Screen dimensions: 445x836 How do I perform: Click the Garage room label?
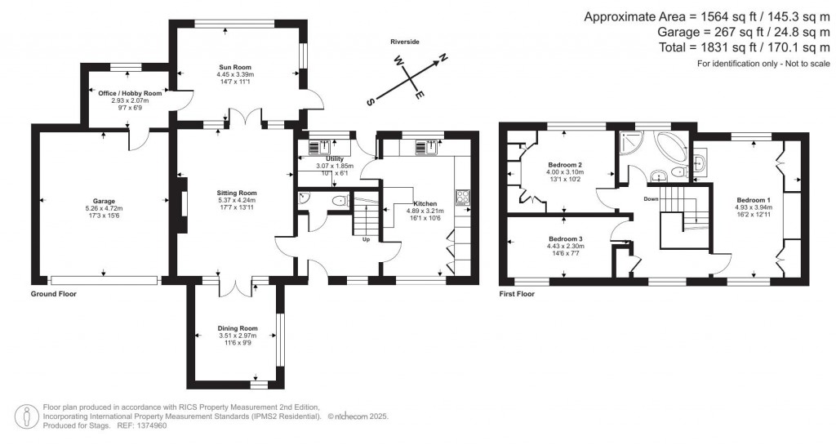(x=104, y=201)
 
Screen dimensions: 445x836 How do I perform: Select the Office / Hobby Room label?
(x=130, y=93)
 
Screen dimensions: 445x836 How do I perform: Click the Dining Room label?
(x=238, y=327)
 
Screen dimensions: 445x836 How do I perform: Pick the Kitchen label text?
(x=425, y=202)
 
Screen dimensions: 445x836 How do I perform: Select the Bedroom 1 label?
(x=753, y=199)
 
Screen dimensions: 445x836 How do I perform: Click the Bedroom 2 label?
(x=563, y=165)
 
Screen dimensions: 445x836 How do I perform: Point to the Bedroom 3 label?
(x=565, y=238)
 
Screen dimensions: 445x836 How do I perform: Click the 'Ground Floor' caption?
(x=53, y=293)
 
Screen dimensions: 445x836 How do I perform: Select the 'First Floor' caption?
(x=517, y=293)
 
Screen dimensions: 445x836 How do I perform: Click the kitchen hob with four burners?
(x=463, y=196)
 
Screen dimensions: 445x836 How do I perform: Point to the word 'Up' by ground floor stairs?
(x=367, y=240)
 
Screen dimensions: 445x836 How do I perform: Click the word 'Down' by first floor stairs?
(x=651, y=198)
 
